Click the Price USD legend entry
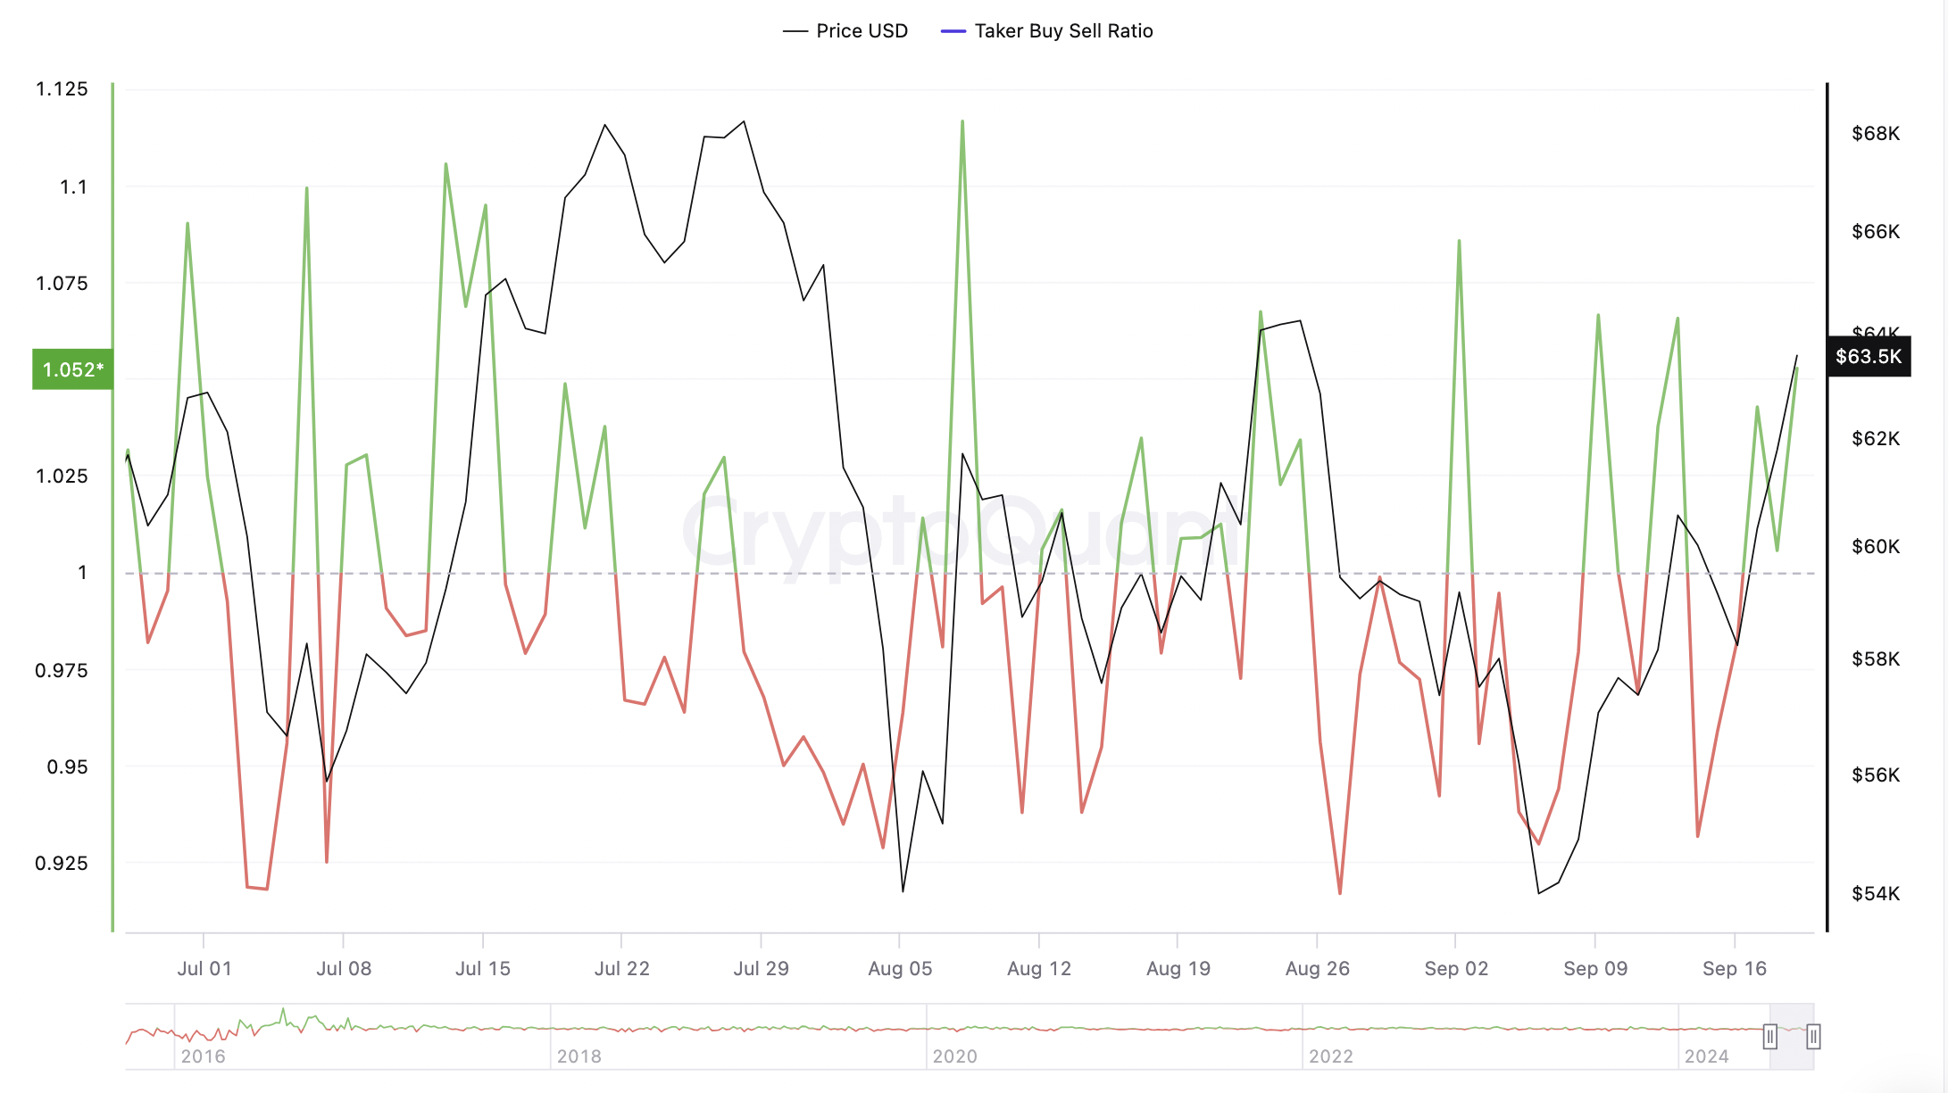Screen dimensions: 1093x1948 pyautogui.click(x=845, y=31)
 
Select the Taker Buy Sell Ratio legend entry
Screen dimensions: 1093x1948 pyautogui.click(x=1047, y=31)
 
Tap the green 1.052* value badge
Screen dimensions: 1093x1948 pyautogui.click(x=72, y=369)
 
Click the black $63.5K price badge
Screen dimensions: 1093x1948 pyautogui.click(x=1869, y=357)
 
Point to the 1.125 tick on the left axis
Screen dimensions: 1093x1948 pyautogui.click(x=62, y=89)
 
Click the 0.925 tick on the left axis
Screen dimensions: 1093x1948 pyautogui.click(x=62, y=863)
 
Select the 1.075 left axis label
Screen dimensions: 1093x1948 pyautogui.click(x=62, y=284)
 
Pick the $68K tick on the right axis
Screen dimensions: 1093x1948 pyautogui.click(x=1876, y=134)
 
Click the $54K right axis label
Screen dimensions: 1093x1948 pyautogui.click(x=1876, y=894)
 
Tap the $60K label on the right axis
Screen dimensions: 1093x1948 pyautogui.click(x=1876, y=547)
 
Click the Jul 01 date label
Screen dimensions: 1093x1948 pyautogui.click(x=204, y=969)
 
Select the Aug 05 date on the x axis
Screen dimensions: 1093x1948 pyautogui.click(x=900, y=969)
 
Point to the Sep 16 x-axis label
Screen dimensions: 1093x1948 pyautogui.click(x=1735, y=969)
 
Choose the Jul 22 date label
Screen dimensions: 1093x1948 pyautogui.click(x=622, y=969)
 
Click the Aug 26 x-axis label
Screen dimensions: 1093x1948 pyautogui.click(x=1318, y=969)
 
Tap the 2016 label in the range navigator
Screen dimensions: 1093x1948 pyautogui.click(x=203, y=1056)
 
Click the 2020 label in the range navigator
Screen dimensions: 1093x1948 pyautogui.click(x=954, y=1056)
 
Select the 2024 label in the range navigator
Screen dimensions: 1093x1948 pyautogui.click(x=1706, y=1056)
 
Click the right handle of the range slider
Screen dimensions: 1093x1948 pyautogui.click(x=1813, y=1037)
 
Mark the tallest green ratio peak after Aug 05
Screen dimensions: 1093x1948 pyautogui.click(x=962, y=122)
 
